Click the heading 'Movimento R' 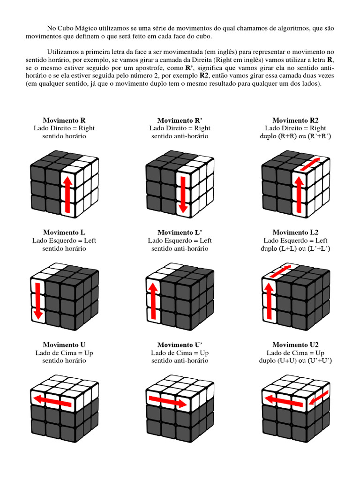(64, 120)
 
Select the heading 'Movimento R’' (180, 120)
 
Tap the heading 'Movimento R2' (295, 120)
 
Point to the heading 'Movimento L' (64, 232)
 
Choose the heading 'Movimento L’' (180, 232)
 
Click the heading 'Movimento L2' (295, 232)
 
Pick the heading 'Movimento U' (64, 345)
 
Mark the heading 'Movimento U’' (180, 345)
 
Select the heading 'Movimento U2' (295, 345)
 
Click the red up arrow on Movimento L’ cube (152, 300)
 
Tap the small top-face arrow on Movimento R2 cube (310, 164)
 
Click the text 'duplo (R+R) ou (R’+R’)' (295, 136)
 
